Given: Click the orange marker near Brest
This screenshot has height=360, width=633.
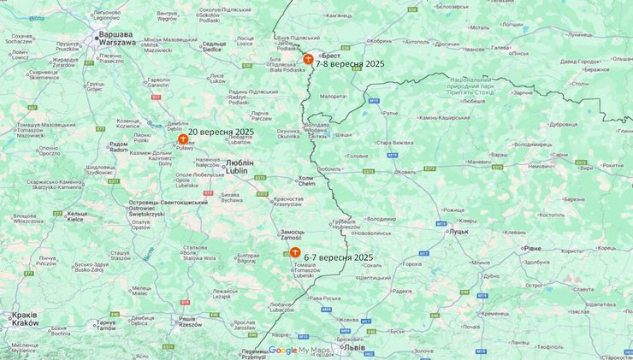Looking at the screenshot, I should pyautogui.click(x=308, y=59).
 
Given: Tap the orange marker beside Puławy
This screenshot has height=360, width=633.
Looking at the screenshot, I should pyautogui.click(x=182, y=139).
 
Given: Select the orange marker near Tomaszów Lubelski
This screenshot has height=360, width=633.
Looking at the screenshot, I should pyautogui.click(x=294, y=252).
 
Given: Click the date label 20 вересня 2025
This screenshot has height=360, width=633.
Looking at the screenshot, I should pyautogui.click(x=221, y=132).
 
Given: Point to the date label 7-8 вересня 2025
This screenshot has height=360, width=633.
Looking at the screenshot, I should pyautogui.click(x=349, y=63).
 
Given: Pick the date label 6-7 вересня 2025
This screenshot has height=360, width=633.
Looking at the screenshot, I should pyautogui.click(x=338, y=257).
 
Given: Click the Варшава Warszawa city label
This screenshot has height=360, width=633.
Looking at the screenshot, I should pyautogui.click(x=116, y=38).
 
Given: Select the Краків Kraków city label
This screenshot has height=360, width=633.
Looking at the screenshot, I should pyautogui.click(x=26, y=319).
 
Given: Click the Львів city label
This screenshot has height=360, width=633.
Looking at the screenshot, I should pyautogui.click(x=352, y=348).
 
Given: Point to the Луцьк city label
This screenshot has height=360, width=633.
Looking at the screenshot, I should pyautogui.click(x=457, y=231).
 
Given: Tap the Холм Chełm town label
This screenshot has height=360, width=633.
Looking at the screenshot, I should pyautogui.click(x=306, y=181).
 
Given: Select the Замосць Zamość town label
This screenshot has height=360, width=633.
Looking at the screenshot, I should pyautogui.click(x=292, y=235).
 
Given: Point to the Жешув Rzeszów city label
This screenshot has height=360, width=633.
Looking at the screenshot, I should pyautogui.click(x=187, y=322).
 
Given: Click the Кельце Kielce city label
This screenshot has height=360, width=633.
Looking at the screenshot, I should pyautogui.click(x=77, y=216).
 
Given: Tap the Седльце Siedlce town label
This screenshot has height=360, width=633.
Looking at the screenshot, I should pyautogui.click(x=214, y=46).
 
